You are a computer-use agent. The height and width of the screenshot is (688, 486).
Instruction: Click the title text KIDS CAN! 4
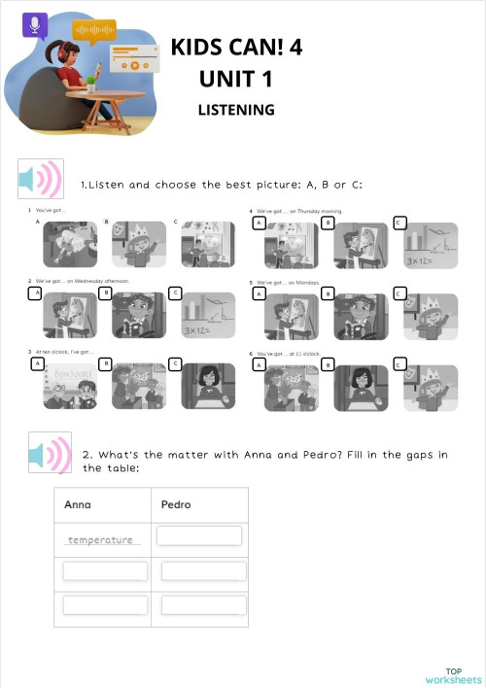click(x=236, y=48)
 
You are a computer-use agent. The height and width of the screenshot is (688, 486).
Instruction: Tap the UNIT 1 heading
click(x=236, y=78)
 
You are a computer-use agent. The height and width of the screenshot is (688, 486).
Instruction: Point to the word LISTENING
click(x=236, y=110)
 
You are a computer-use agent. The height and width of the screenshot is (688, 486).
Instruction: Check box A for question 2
click(x=36, y=292)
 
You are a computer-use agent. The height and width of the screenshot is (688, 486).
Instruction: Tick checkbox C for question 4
click(x=399, y=223)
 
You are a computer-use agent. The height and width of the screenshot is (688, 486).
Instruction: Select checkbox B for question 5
click(x=329, y=292)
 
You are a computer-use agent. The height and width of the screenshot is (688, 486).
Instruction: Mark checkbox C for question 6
click(x=399, y=364)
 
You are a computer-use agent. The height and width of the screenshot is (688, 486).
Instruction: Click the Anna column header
click(x=78, y=504)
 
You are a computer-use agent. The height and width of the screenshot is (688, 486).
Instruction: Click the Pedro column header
click(x=177, y=504)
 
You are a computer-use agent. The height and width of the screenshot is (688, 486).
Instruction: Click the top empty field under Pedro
click(x=199, y=536)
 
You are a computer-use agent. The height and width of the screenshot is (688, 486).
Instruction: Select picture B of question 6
click(x=362, y=387)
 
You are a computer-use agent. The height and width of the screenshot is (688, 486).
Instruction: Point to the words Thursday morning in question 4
click(x=317, y=210)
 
